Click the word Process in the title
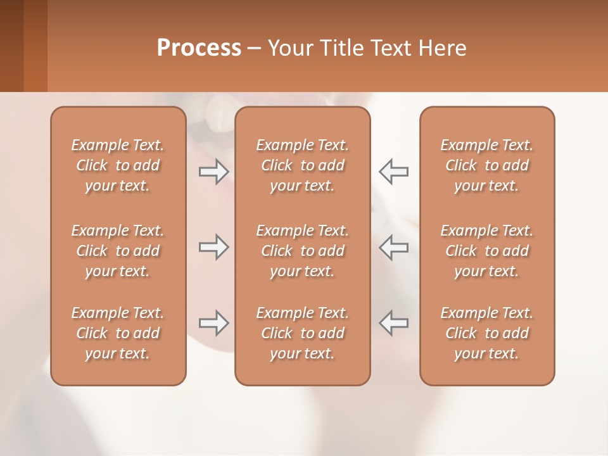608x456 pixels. (199, 48)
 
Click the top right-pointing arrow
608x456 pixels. (213, 171)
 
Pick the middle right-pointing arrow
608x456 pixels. (213, 247)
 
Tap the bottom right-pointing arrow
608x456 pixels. (213, 323)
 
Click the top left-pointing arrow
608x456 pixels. (394, 171)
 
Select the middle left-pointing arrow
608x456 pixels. (394, 247)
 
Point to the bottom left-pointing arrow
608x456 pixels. (394, 323)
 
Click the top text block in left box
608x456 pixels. (118, 165)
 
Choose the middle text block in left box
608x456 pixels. (118, 251)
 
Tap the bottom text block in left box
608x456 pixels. (118, 333)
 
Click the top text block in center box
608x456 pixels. (302, 165)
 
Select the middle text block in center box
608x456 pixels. (302, 251)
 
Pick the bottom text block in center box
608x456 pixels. (302, 333)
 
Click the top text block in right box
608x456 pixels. (486, 165)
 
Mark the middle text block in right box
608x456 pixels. (486, 251)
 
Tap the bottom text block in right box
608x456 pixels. (486, 333)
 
